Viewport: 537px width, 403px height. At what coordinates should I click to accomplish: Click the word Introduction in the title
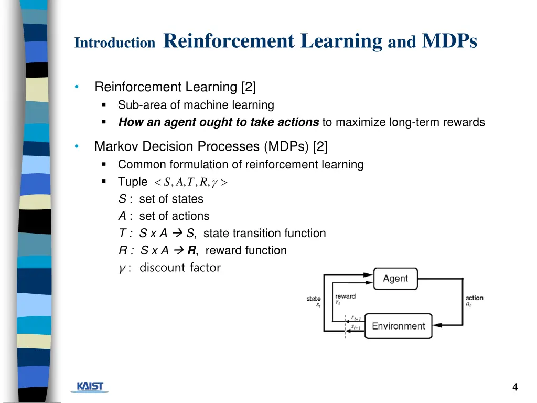[x=115, y=43]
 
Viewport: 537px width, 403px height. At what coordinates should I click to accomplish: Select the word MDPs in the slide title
[x=449, y=41]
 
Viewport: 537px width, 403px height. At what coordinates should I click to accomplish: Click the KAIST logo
[x=90, y=387]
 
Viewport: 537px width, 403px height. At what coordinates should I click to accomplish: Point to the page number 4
[x=515, y=387]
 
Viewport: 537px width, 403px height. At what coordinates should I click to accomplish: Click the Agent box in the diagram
[x=395, y=279]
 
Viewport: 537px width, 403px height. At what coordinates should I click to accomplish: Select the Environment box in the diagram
[x=398, y=326]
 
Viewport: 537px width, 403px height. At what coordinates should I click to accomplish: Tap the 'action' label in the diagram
[x=474, y=298]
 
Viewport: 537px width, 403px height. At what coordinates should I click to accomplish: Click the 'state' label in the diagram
[x=314, y=299]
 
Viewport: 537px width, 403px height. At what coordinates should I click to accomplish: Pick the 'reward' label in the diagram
[x=345, y=296]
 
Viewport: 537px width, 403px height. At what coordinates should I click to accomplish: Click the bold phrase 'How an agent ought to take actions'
[x=219, y=122]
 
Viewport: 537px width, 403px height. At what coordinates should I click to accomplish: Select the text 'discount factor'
[x=180, y=268]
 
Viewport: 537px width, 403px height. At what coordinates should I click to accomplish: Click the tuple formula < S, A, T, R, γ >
[x=190, y=182]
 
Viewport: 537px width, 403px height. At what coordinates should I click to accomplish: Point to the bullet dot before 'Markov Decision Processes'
[x=77, y=146]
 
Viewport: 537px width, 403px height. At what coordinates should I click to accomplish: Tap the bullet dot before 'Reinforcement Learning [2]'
[x=77, y=87]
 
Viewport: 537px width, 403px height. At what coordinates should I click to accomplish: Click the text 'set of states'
[x=171, y=199]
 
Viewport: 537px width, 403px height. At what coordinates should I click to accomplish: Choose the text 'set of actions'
[x=174, y=216]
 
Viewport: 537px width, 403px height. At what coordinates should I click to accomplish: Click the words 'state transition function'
[x=264, y=234]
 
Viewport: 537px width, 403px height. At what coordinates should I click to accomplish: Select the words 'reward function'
[x=246, y=251]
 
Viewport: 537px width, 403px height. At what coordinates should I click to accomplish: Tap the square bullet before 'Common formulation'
[x=104, y=165]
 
